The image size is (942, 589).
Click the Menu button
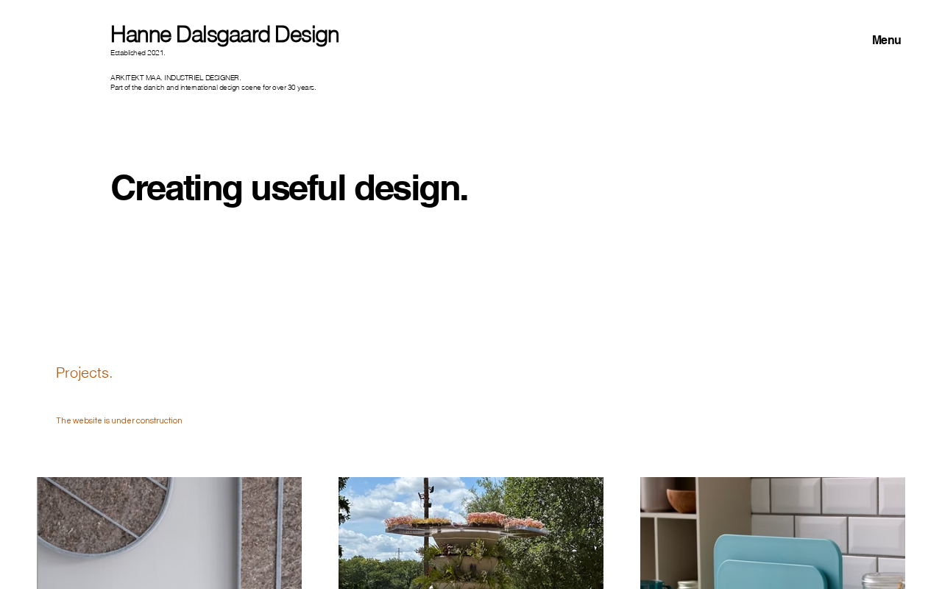click(x=886, y=40)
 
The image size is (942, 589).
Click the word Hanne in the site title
click(x=141, y=35)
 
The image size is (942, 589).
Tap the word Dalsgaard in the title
click(x=223, y=35)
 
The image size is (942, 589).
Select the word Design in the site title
click(x=307, y=35)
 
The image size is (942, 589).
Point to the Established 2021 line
click(x=138, y=53)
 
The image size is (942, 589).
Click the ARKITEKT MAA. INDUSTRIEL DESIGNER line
click(x=176, y=78)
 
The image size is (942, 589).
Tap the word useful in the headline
click(x=298, y=188)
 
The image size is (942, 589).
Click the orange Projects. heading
click(x=84, y=373)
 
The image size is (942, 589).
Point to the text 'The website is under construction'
click(x=119, y=420)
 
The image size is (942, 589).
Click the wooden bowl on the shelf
click(x=681, y=500)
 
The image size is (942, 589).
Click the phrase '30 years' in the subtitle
click(x=302, y=88)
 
